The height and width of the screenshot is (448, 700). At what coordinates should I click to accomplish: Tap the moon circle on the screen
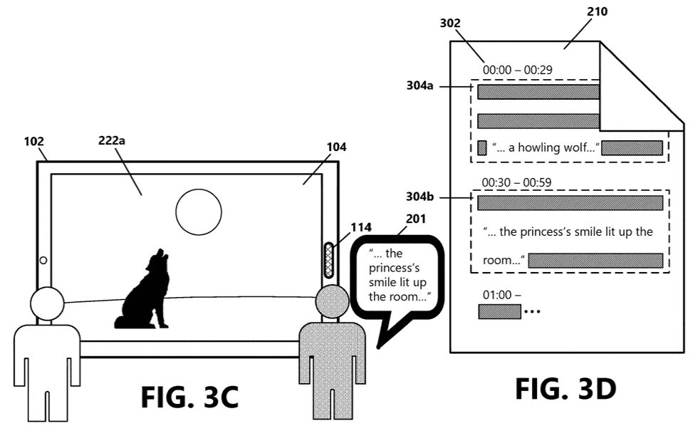click(198, 212)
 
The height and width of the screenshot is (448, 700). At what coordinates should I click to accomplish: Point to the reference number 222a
click(113, 140)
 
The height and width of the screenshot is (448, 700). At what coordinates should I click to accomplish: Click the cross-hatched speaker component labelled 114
click(329, 260)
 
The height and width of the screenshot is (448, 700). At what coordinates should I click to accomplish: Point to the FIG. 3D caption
click(565, 389)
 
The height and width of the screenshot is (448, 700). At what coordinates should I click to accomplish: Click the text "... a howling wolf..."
click(545, 148)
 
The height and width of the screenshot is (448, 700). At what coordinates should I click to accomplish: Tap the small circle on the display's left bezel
click(43, 261)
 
